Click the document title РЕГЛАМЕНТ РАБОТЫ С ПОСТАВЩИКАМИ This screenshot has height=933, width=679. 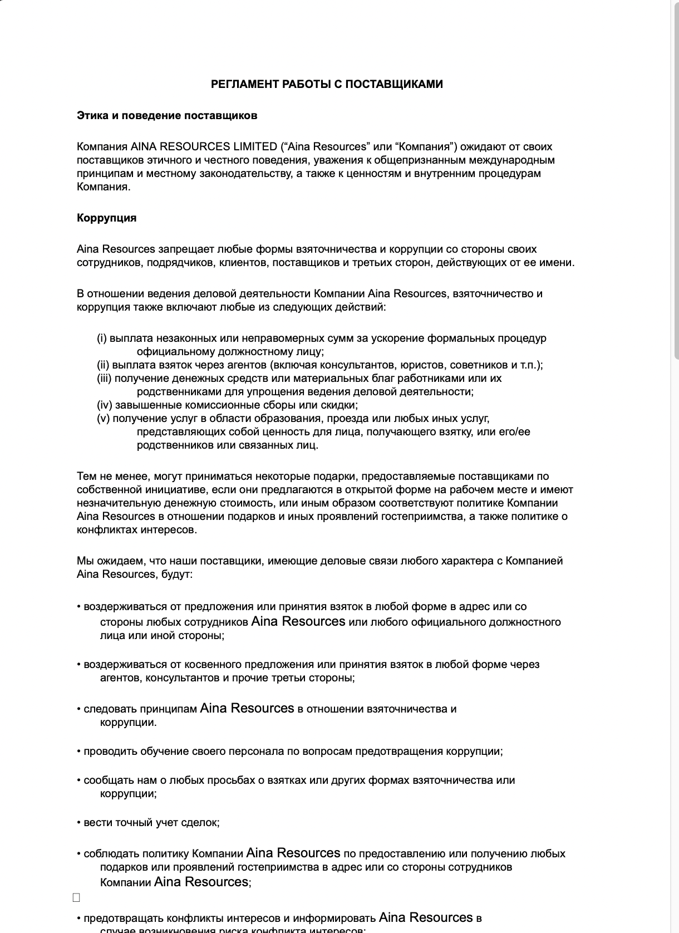(x=327, y=84)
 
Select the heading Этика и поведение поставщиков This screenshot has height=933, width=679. (x=167, y=116)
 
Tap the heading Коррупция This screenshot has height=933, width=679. (x=106, y=218)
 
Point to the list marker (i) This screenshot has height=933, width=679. (x=102, y=338)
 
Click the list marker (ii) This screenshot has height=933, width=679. (x=103, y=365)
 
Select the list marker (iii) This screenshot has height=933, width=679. (x=105, y=379)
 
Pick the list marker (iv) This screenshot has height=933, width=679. (x=105, y=405)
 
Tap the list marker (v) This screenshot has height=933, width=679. (x=104, y=419)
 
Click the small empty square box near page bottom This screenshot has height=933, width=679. (x=76, y=897)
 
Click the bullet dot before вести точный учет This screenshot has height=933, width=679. (x=79, y=823)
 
